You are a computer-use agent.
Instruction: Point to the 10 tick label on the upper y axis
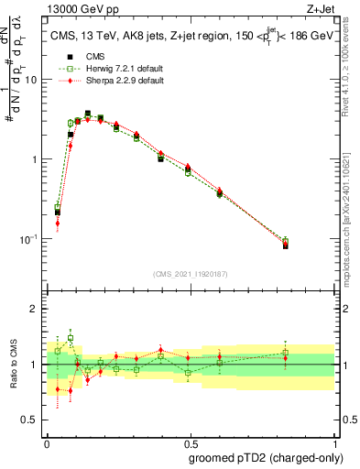[31, 80]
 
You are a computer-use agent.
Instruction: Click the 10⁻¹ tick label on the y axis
[27, 239]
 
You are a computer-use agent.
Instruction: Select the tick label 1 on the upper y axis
[35, 159]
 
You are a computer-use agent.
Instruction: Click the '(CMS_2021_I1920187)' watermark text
[190, 273]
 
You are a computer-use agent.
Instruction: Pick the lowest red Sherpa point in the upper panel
[57, 223]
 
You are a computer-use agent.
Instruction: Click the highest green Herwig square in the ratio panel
[70, 338]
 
